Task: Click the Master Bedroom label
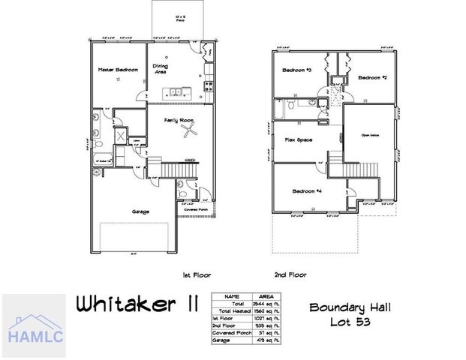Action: (x=118, y=70)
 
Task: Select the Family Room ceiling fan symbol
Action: (x=192, y=133)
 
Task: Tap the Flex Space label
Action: (x=298, y=140)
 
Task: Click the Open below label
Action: (x=370, y=135)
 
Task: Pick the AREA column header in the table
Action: (x=266, y=296)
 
